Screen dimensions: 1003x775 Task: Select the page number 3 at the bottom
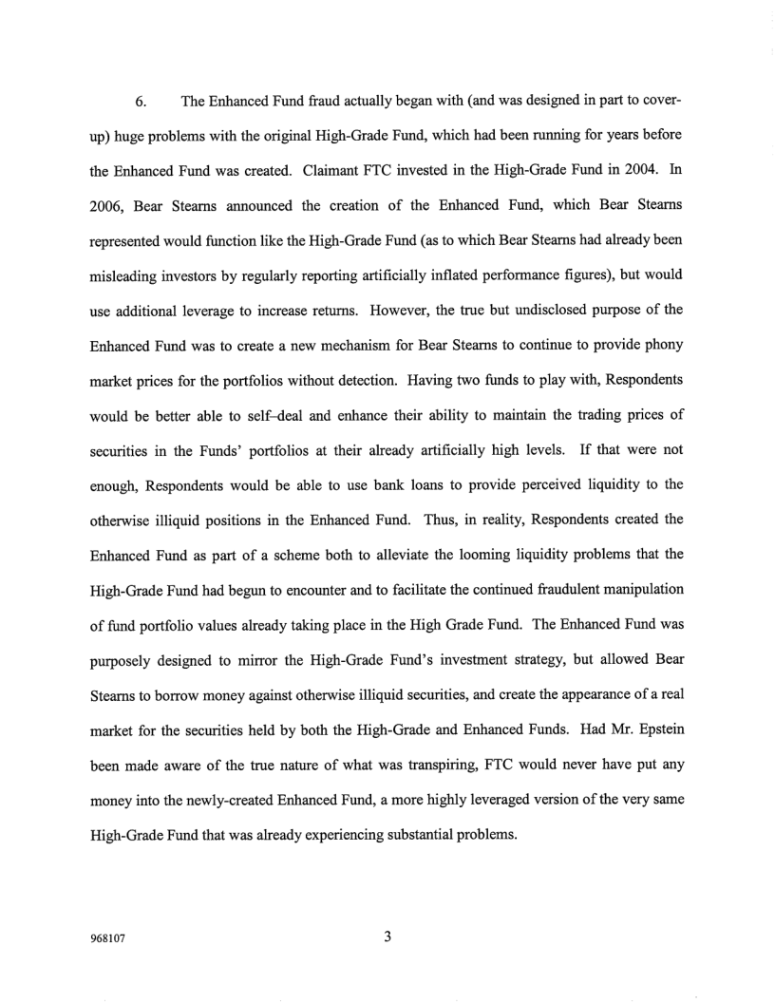387,937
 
